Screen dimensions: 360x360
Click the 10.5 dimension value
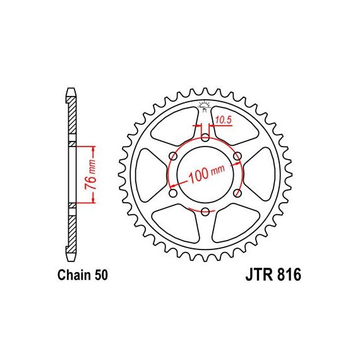click(224, 120)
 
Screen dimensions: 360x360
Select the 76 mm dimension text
click(90, 174)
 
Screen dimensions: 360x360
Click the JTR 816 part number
click(273, 275)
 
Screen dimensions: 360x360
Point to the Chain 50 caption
click(83, 275)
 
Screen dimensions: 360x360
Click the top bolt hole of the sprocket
click(205, 138)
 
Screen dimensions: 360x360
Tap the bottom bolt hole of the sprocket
click(205, 212)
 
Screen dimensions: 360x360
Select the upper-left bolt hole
click(173, 157)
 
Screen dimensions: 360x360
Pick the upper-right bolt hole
click(237, 157)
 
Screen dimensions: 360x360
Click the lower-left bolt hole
click(173, 193)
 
